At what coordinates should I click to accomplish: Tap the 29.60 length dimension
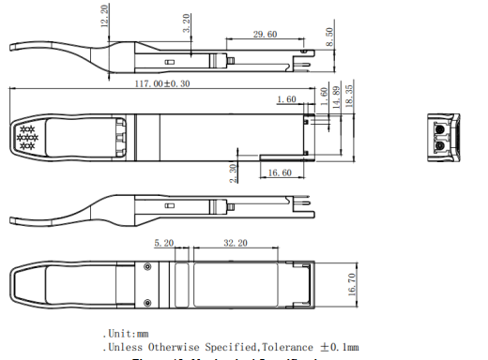(x=266, y=35)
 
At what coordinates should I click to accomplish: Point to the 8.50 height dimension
(x=328, y=37)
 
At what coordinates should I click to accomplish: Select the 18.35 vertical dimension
(x=349, y=95)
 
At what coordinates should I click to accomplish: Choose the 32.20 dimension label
(x=235, y=242)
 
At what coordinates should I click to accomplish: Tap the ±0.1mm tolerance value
(x=338, y=348)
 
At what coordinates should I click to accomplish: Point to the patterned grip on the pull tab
(x=26, y=139)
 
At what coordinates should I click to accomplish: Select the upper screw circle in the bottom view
(x=148, y=269)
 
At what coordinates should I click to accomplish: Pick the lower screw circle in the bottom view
(x=148, y=302)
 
